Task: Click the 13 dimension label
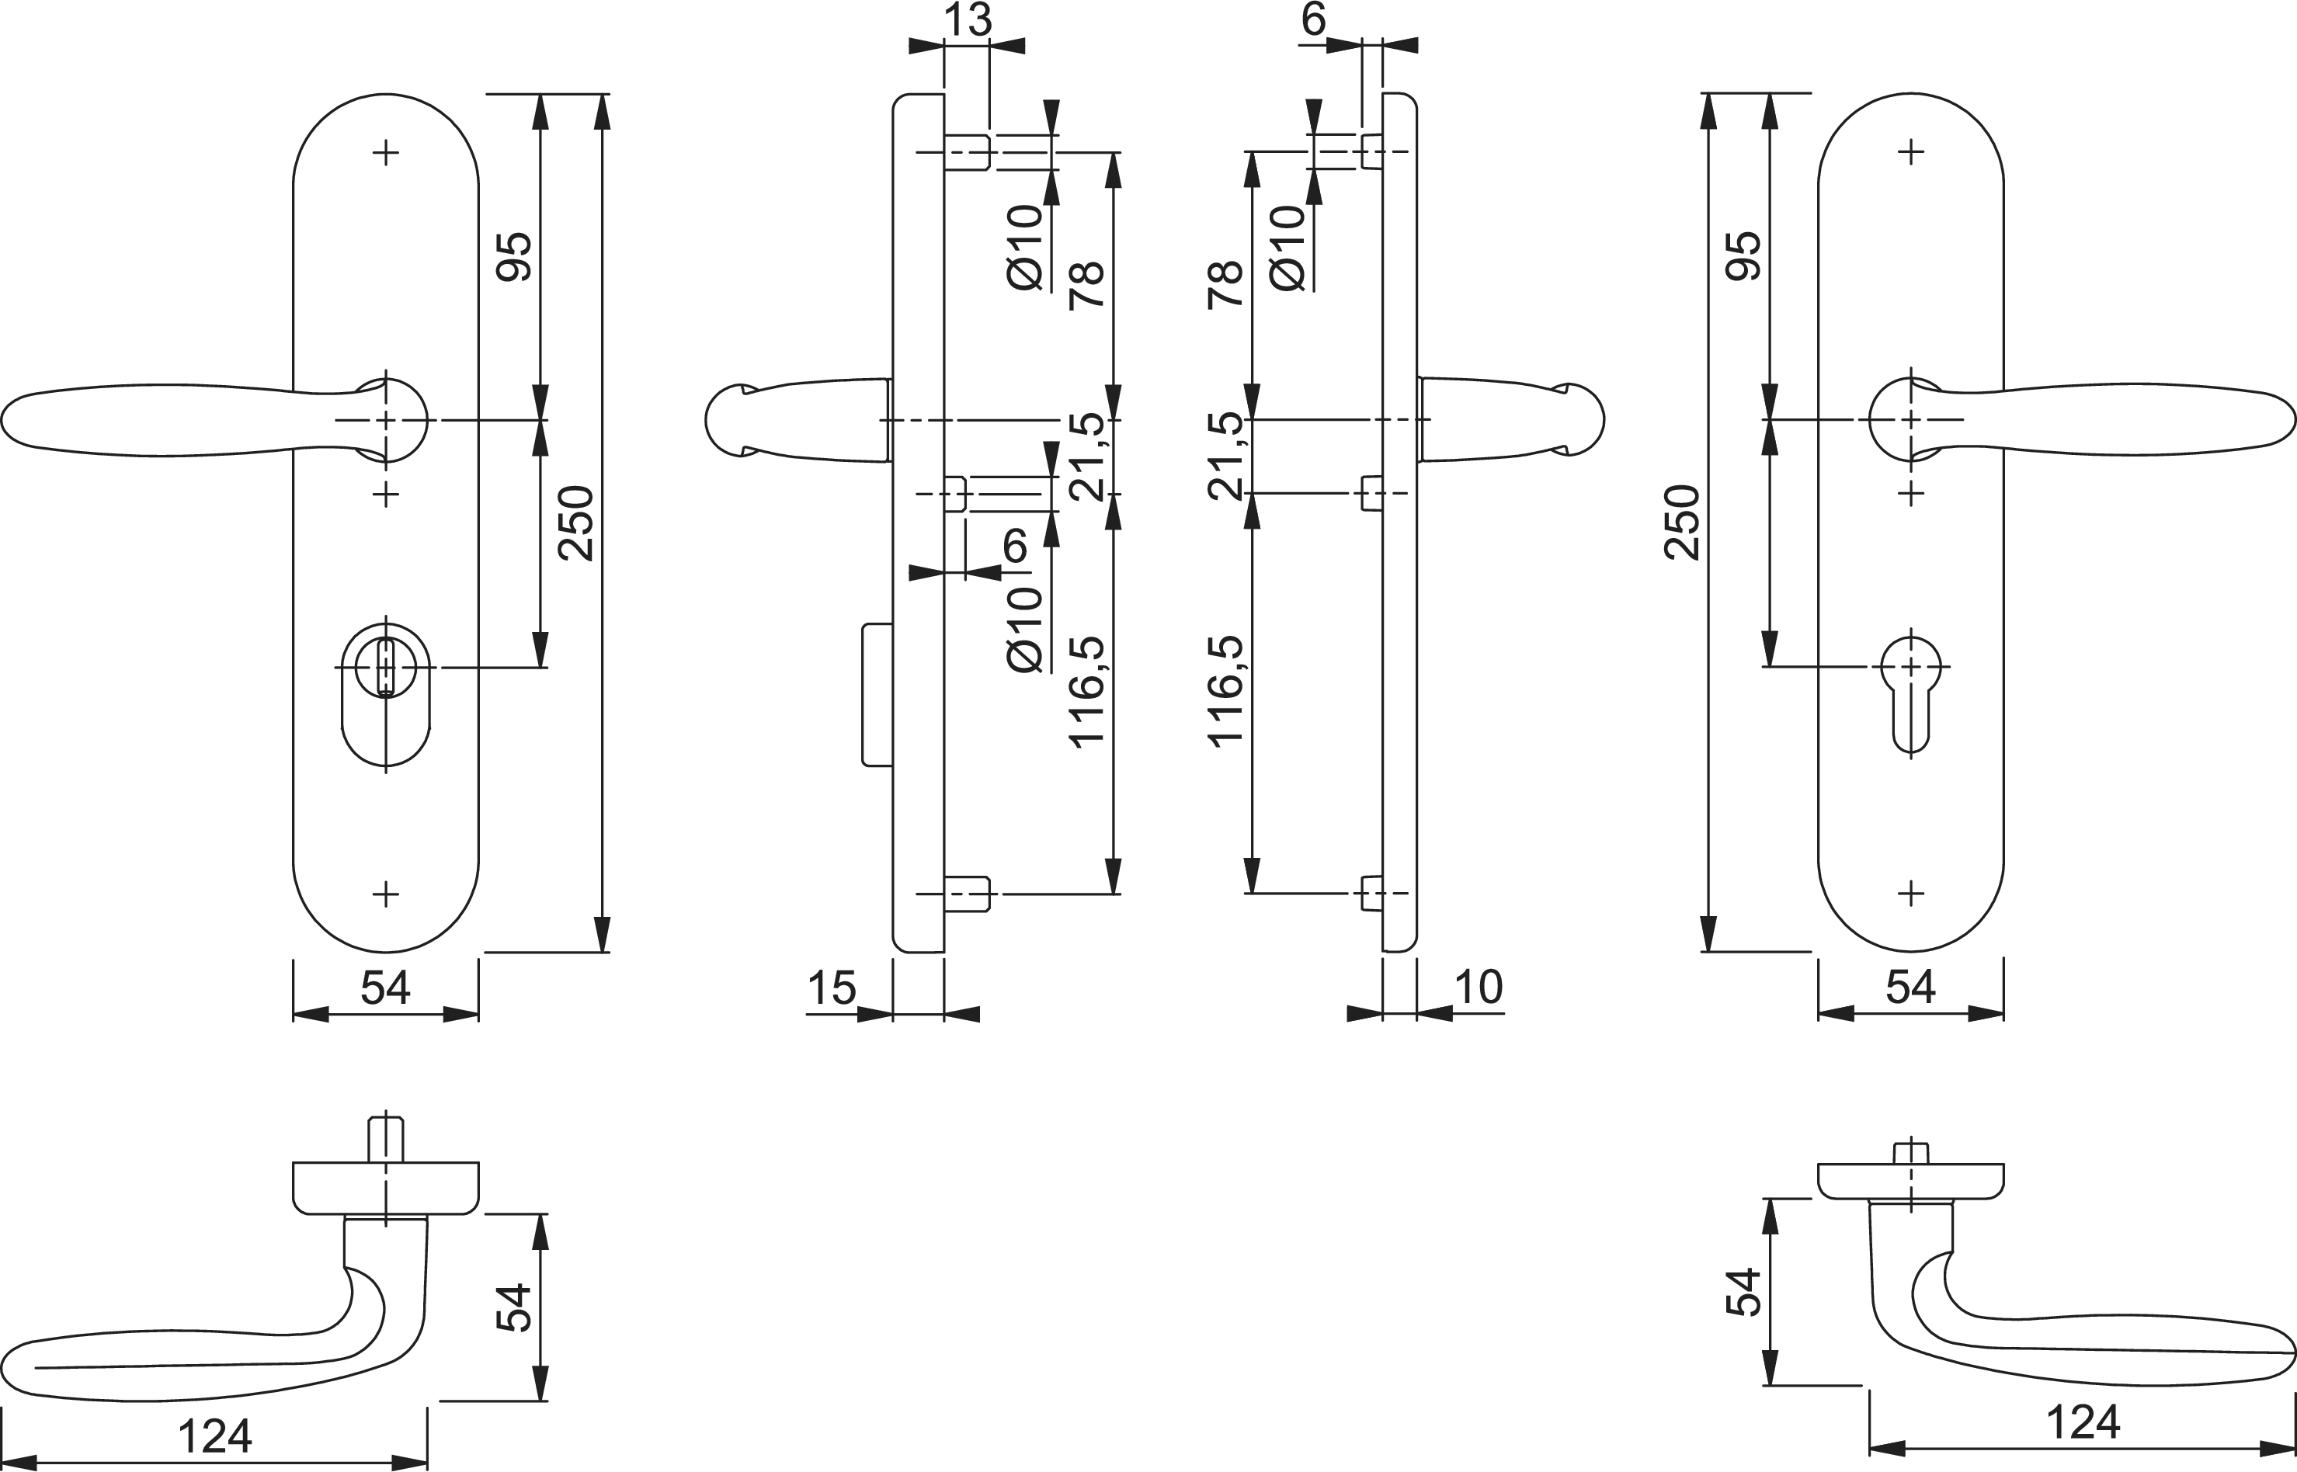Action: pyautogui.click(x=968, y=20)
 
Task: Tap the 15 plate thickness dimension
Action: pyautogui.click(x=831, y=988)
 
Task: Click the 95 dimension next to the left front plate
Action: pyautogui.click(x=514, y=256)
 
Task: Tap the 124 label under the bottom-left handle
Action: pyautogui.click(x=215, y=1436)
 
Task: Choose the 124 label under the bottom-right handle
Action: pyautogui.click(x=2083, y=1422)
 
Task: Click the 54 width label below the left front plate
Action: pyautogui.click(x=385, y=988)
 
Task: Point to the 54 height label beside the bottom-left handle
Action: pyautogui.click(x=514, y=1307)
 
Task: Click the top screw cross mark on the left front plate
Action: pyautogui.click(x=386, y=152)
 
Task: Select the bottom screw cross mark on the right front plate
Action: pyautogui.click(x=1911, y=894)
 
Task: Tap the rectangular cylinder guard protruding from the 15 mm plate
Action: pyautogui.click(x=877, y=695)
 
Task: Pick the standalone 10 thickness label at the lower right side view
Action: pyautogui.click(x=1478, y=988)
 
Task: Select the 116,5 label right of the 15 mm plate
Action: pyautogui.click(x=1088, y=691)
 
